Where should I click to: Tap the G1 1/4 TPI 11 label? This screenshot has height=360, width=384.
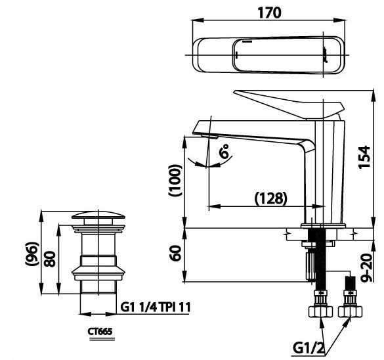(x=157, y=305)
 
